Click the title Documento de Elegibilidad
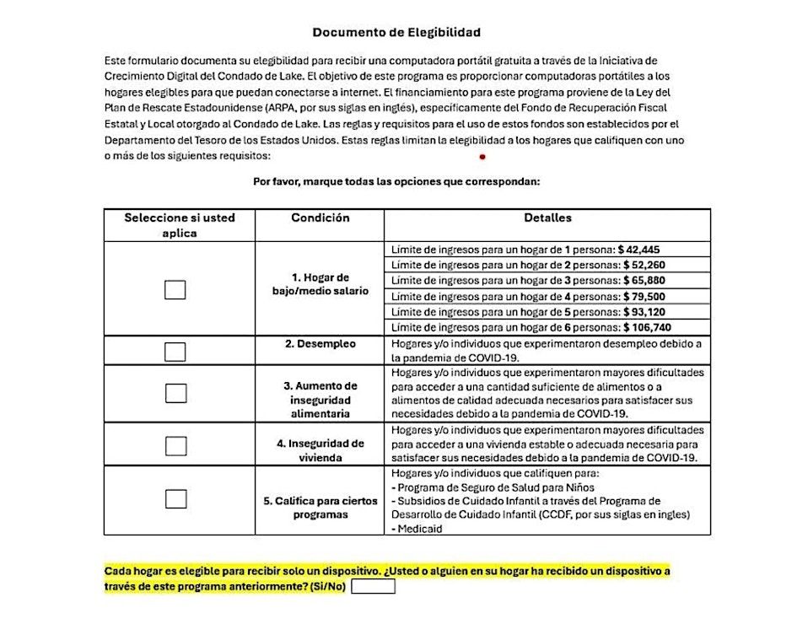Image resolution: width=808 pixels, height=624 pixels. pos(396,33)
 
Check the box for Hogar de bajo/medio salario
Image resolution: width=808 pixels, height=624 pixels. pos(175,289)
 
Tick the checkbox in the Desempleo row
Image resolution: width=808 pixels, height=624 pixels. pos(175,352)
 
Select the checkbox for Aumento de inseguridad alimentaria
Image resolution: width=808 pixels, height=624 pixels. pos(175,393)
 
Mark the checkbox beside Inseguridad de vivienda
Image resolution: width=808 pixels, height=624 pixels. pos(175,445)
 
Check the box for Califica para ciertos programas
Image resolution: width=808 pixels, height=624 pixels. pos(175,498)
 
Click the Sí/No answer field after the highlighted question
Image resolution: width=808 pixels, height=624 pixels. pos(373,587)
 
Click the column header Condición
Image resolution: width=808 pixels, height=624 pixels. pos(320,218)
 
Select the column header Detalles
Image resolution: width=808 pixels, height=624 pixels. pos(547,218)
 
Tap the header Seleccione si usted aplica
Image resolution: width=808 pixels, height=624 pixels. pos(179,225)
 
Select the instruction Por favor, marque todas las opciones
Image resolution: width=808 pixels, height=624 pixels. pos(396,181)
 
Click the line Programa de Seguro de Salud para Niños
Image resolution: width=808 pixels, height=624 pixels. pos(493,487)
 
